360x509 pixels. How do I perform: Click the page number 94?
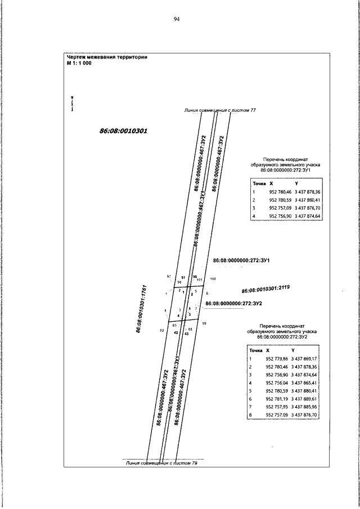point(177,19)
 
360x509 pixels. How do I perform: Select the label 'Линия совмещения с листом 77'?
point(220,110)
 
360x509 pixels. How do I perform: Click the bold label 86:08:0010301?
point(123,130)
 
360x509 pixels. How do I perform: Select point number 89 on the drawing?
point(204,323)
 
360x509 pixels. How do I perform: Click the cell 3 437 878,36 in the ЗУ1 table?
point(305,192)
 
